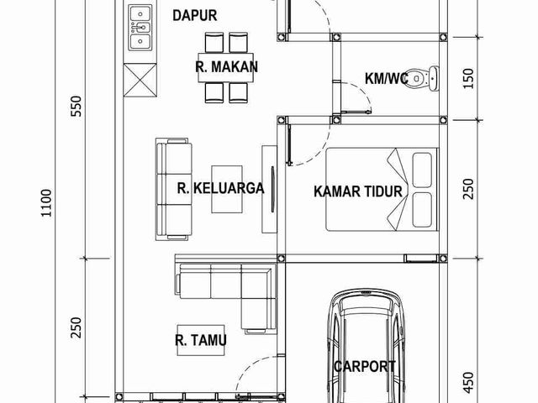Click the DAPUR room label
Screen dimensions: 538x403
194,16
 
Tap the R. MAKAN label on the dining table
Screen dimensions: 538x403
226,67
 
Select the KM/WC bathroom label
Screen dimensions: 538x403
387,78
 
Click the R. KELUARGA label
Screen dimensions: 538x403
220,188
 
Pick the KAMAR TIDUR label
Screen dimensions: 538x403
358,191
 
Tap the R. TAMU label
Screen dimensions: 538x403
201,340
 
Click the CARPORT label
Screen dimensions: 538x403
364,367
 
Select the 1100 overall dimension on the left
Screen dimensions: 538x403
46,203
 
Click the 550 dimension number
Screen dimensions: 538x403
76,106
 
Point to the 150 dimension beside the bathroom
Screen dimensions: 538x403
468,78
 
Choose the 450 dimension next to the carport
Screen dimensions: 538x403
468,383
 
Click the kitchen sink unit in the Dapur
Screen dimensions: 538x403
140,28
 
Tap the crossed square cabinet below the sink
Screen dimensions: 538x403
140,80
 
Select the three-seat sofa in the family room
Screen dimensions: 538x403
174,189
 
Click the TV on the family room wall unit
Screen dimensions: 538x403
273,189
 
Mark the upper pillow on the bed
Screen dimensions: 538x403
422,170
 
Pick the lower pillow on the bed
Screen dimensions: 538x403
422,210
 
